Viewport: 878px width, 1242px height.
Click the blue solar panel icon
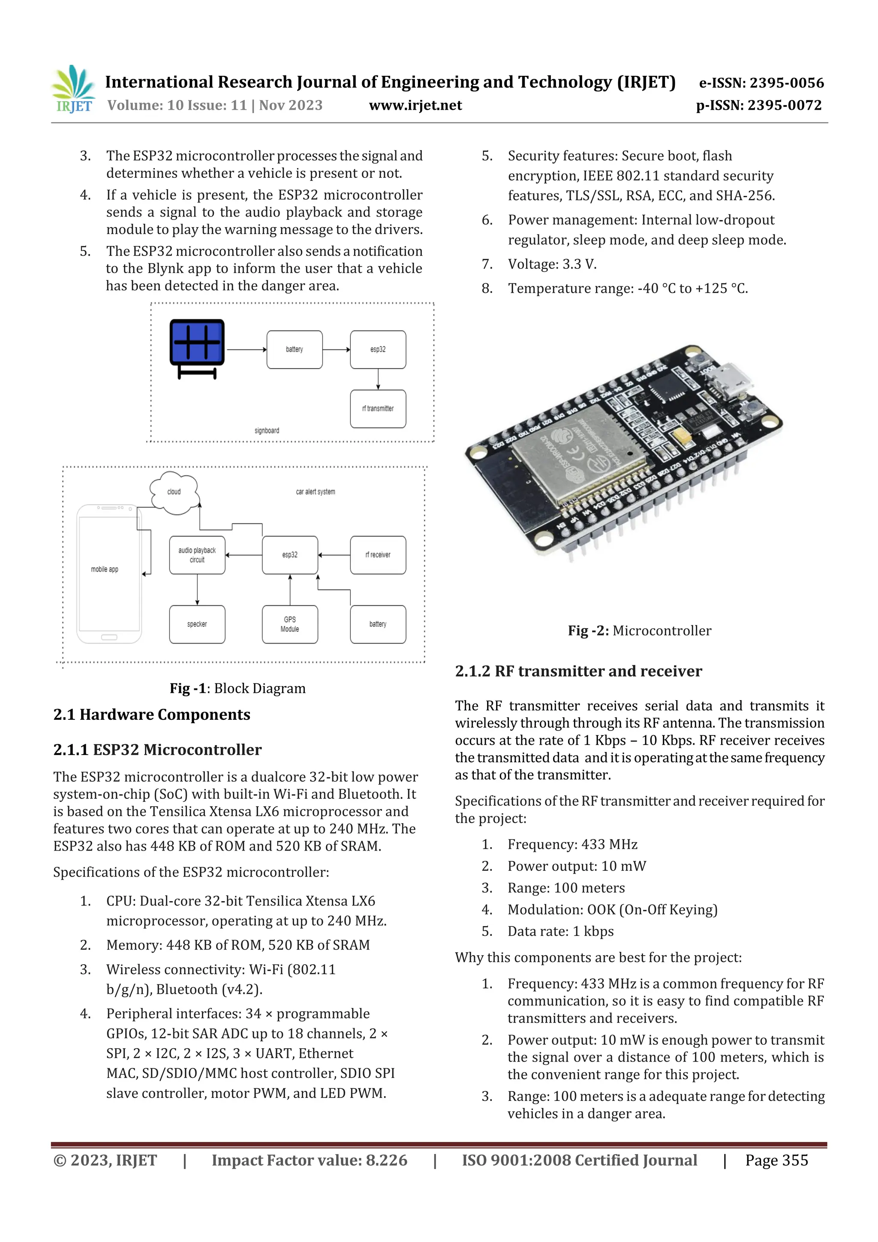point(197,343)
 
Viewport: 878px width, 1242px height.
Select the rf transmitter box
point(378,409)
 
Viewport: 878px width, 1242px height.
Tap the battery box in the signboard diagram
point(294,350)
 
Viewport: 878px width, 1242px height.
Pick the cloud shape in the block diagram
point(174,493)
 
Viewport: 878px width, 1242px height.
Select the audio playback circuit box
point(197,555)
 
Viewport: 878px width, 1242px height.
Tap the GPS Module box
point(290,624)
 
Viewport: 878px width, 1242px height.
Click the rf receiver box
point(378,555)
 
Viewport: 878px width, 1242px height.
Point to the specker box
point(197,624)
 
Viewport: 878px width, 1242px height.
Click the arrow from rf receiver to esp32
point(334,555)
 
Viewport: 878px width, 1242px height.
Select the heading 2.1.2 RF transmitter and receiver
point(578,671)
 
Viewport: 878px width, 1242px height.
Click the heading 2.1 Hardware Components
point(151,715)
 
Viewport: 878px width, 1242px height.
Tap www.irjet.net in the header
point(415,105)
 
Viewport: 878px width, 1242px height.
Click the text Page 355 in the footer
point(776,1160)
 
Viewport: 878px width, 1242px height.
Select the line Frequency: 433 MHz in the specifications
point(572,845)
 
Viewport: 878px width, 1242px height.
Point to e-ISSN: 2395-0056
point(761,83)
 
